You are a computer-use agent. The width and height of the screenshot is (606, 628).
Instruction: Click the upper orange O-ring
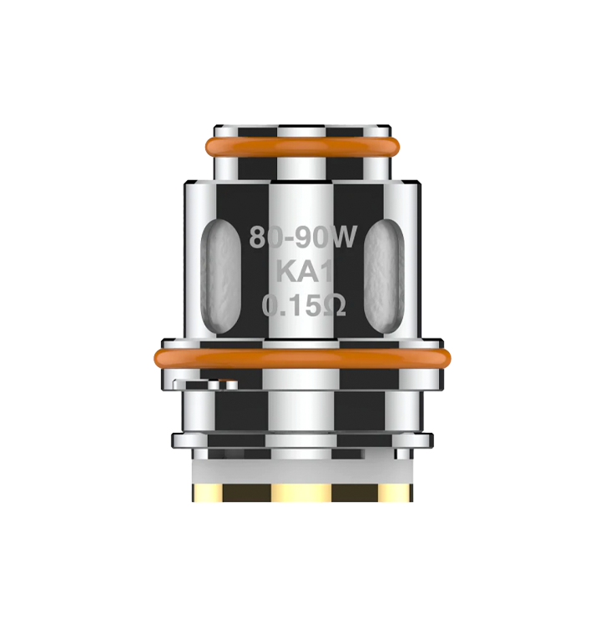tap(303, 146)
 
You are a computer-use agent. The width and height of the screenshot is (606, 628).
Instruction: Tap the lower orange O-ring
tap(303, 358)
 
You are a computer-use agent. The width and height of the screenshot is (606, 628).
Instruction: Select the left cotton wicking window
tap(221, 276)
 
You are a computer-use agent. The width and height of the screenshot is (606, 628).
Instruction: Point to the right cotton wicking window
tap(384, 276)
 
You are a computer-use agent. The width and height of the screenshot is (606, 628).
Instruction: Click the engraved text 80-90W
tap(303, 237)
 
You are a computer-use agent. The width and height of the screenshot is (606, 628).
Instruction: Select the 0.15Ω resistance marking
tap(303, 305)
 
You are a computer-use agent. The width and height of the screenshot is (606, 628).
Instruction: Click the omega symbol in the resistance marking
tap(334, 305)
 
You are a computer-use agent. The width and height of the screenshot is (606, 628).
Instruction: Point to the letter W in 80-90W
tap(341, 237)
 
